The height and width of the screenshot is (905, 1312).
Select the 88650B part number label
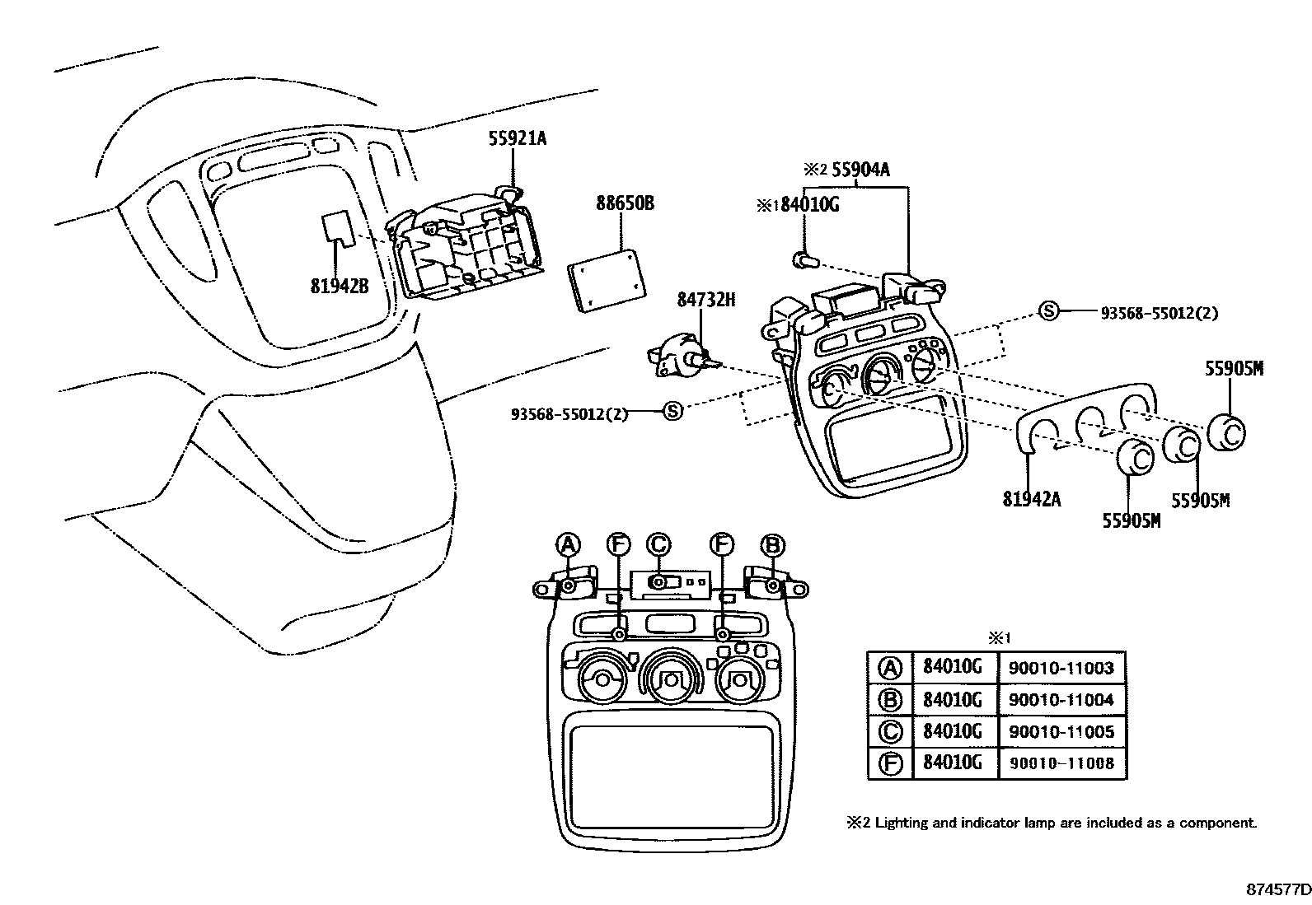click(625, 203)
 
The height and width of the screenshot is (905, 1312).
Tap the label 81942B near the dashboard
click(339, 287)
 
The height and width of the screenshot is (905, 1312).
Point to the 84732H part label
click(705, 301)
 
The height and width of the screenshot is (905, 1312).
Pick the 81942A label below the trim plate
click(1032, 498)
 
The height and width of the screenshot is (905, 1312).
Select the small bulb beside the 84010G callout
click(803, 261)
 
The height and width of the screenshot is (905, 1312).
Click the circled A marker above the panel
click(568, 544)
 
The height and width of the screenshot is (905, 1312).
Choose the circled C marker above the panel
click(658, 544)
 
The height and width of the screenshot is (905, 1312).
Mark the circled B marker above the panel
click(773, 544)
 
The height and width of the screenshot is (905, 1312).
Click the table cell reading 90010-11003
click(1061, 668)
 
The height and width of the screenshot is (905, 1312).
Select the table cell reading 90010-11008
click(1061, 763)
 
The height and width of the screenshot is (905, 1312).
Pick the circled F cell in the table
click(891, 763)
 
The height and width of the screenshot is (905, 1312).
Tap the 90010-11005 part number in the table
click(1061, 731)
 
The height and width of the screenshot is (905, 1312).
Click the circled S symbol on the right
click(1047, 310)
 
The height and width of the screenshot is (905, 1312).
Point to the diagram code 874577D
click(1277, 890)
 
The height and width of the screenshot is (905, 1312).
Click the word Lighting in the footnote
click(901, 823)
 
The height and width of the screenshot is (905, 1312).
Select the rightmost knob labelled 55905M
click(1227, 432)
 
